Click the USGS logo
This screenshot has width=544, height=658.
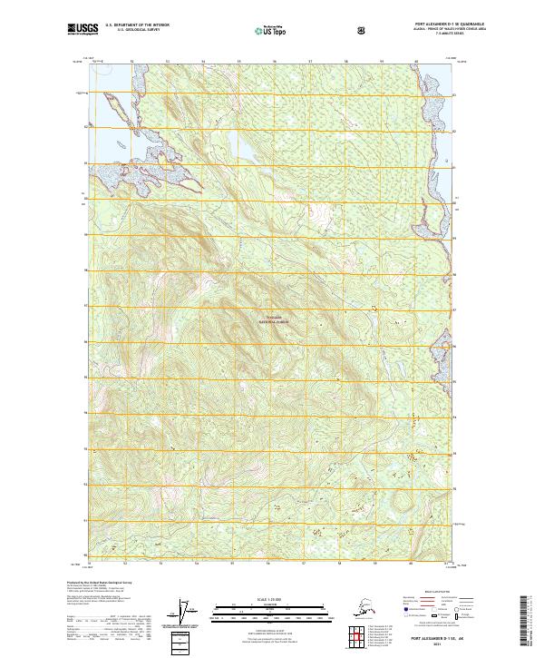[83, 29]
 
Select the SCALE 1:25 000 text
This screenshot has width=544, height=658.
[271, 598]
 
